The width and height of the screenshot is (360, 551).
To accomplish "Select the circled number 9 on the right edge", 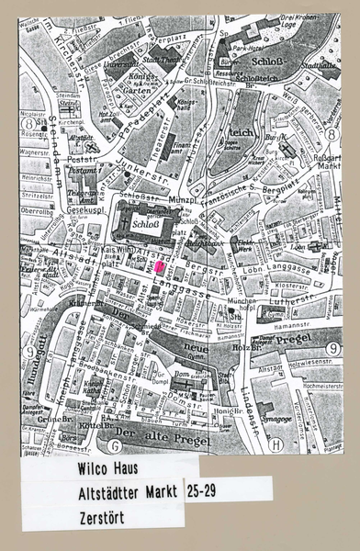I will click(x=333, y=348).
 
